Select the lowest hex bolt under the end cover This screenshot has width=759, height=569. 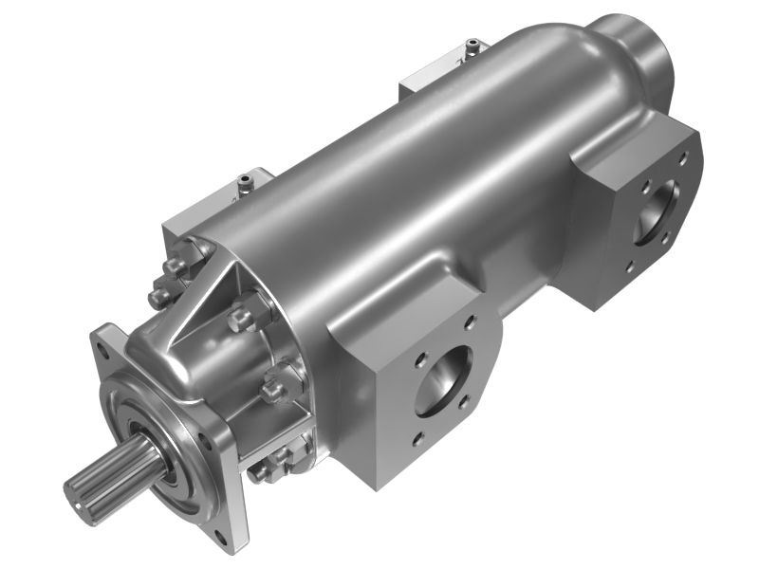[258, 470]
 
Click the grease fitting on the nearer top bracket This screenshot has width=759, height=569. [250, 180]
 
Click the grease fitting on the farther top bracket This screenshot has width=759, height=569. [472, 46]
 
